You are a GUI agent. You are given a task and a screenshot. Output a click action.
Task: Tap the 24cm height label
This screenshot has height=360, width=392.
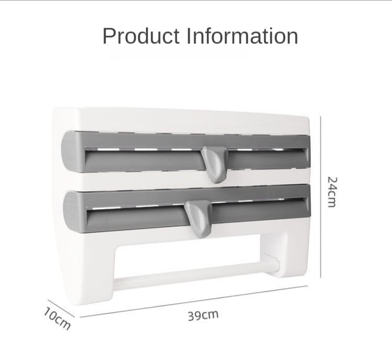tap(332, 191)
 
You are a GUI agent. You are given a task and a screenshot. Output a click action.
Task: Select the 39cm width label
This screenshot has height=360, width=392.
tap(203, 315)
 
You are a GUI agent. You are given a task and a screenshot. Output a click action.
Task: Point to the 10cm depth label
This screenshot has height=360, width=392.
tap(57, 318)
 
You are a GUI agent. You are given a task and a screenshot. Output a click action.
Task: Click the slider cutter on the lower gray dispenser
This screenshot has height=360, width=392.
tap(198, 216)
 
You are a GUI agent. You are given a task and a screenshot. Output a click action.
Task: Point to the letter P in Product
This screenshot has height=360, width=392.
tap(109, 36)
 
